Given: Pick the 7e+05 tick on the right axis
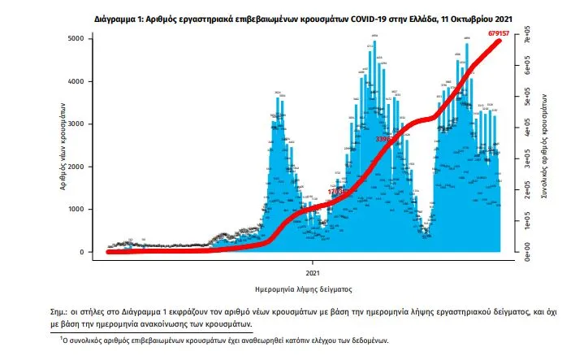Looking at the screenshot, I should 526,39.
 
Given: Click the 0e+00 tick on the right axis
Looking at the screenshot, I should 526,252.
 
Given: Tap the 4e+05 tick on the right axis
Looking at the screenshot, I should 526,131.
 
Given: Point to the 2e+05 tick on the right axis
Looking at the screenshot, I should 526,191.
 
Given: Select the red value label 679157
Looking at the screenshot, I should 518,33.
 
